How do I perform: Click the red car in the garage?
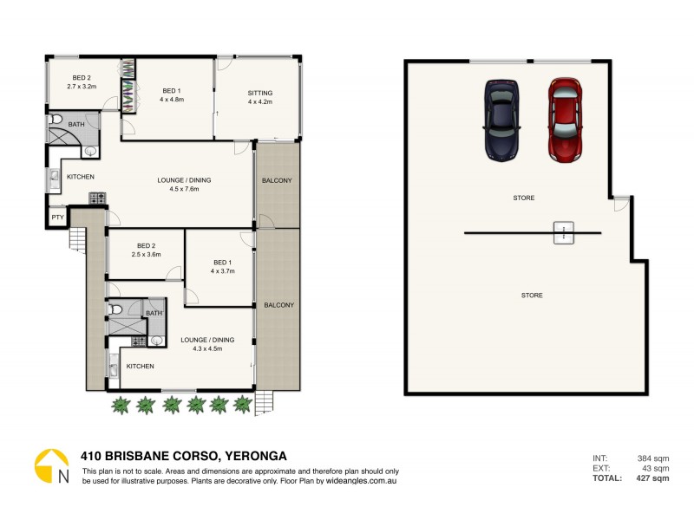point(565,120)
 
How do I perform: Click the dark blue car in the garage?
point(501,120)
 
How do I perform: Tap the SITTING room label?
point(260,92)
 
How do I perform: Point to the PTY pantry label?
point(57,217)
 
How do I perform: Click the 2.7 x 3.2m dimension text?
point(82,86)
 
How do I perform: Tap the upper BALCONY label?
point(277,180)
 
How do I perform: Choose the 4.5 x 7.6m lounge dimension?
point(184,189)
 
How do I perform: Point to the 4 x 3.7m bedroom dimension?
point(224,271)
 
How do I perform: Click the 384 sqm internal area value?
point(653,458)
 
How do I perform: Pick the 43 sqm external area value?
point(655,468)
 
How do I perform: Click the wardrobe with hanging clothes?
point(128,86)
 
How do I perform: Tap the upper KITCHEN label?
point(80,177)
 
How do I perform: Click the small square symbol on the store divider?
point(564,231)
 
